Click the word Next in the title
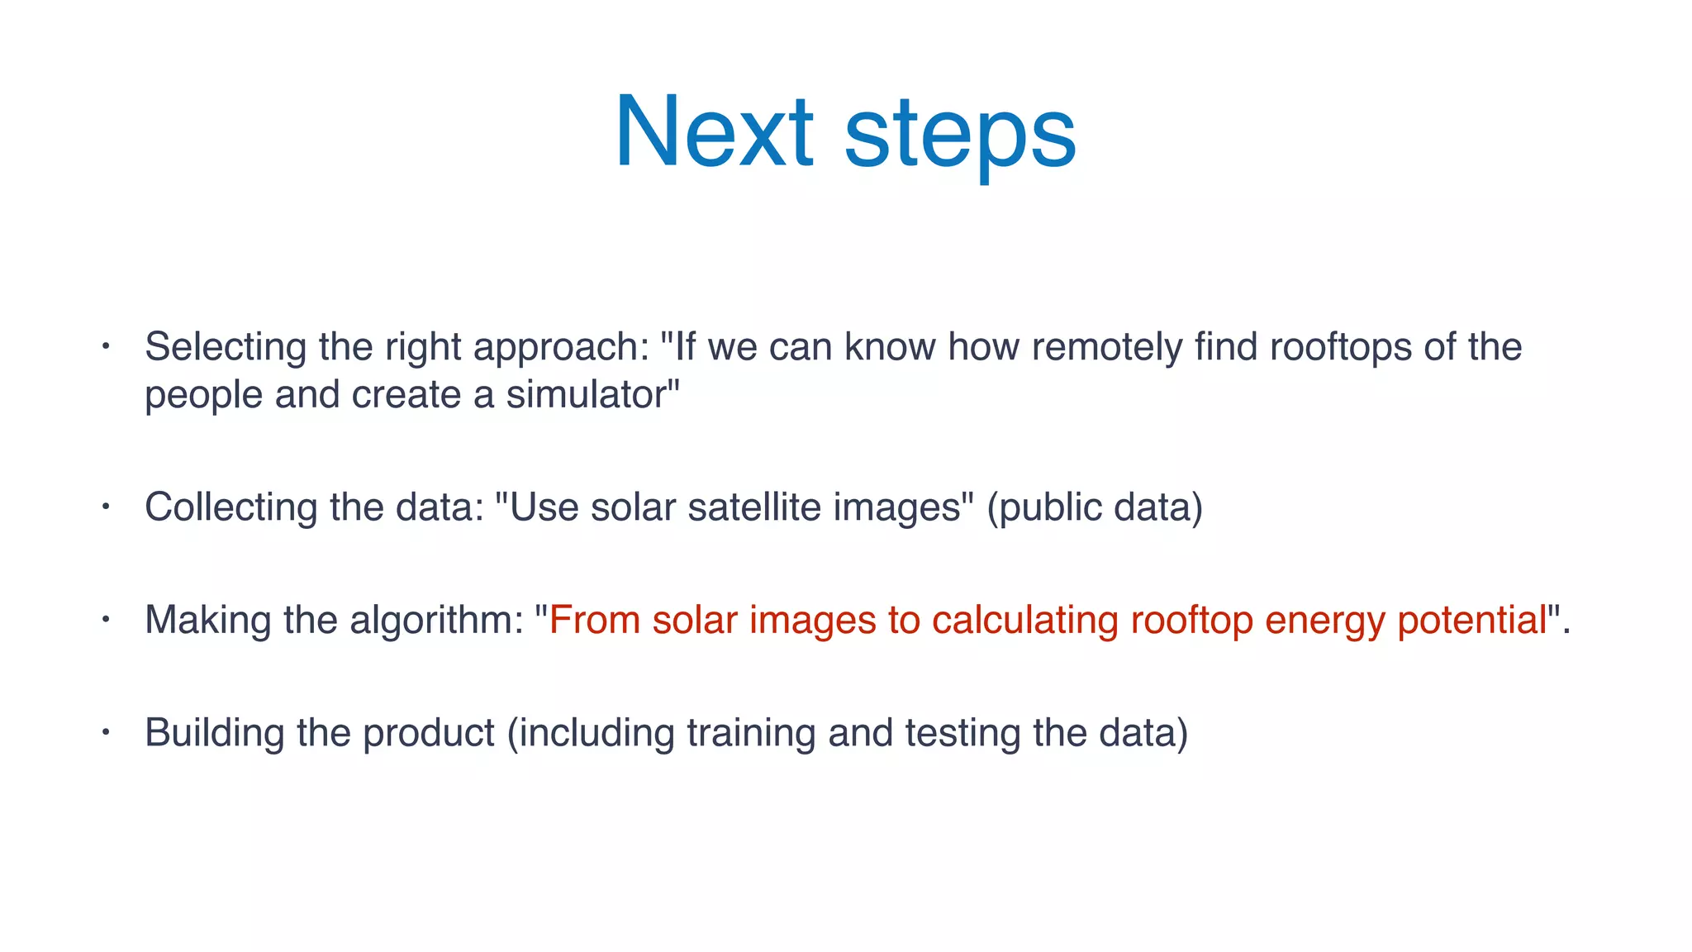click(715, 132)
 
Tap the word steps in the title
click(960, 132)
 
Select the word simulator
click(590, 395)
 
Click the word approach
click(561, 347)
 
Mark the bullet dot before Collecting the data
click(106, 507)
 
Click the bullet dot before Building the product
click(106, 732)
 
